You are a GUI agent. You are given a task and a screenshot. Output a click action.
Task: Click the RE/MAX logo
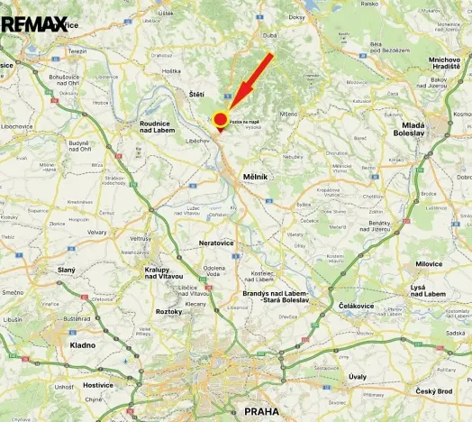pyautogui.click(x=34, y=23)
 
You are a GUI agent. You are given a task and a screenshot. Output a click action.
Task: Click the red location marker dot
pyautogui.click(x=220, y=119)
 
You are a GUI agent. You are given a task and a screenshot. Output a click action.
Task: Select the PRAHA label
pyautogui.click(x=261, y=410)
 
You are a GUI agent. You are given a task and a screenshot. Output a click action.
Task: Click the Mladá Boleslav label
pyautogui.click(x=412, y=128)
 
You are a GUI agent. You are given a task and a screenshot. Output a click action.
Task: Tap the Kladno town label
pyautogui.click(x=83, y=344)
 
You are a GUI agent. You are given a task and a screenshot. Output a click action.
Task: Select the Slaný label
pyautogui.click(x=67, y=270)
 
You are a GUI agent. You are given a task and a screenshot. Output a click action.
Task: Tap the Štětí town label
pyautogui.click(x=196, y=94)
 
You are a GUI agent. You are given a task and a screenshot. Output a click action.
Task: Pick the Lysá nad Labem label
pyautogui.click(x=428, y=290)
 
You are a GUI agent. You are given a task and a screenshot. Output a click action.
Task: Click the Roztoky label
pyautogui.click(x=168, y=311)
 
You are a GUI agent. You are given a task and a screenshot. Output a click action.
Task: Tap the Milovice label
pyautogui.click(x=429, y=263)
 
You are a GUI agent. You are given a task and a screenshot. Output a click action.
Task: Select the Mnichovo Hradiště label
pyautogui.click(x=444, y=63)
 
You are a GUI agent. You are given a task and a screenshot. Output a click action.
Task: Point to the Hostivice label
pyautogui.click(x=97, y=384)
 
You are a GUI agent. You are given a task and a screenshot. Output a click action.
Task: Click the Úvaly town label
pyautogui.click(x=358, y=376)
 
